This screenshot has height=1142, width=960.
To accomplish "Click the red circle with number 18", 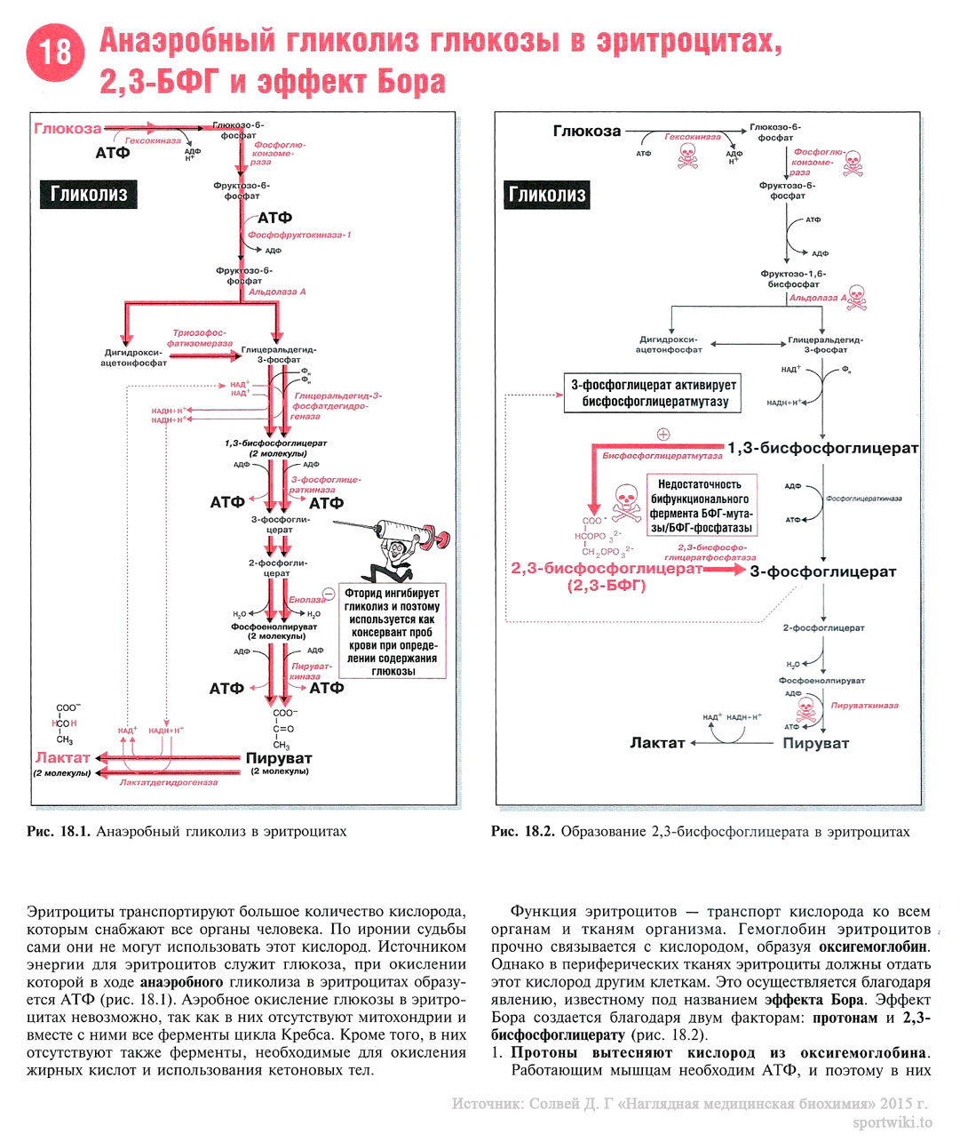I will tap(56, 53).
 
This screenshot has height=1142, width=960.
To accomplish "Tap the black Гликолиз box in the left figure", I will tap(89, 194).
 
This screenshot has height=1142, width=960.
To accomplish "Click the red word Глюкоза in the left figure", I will tap(67, 129).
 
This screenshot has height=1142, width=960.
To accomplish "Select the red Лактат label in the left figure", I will tap(62, 758).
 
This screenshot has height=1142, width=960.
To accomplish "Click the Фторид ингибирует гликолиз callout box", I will tap(392, 632).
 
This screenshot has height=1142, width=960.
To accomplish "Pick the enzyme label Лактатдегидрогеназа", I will tap(169, 783).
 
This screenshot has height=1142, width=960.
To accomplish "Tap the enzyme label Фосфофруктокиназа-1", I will tap(299, 236).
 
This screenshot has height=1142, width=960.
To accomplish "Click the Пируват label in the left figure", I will tap(279, 758).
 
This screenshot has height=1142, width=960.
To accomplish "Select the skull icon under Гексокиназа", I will tap(687, 156).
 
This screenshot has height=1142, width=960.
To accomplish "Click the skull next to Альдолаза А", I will tap(854, 297).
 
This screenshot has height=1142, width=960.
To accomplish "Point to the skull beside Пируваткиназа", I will tap(805, 708).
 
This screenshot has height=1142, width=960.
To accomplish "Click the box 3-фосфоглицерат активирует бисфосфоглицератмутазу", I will tap(654, 393).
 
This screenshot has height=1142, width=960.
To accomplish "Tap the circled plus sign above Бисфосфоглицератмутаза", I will tap(662, 435).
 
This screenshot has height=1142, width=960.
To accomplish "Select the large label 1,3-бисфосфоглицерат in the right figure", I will tap(822, 448).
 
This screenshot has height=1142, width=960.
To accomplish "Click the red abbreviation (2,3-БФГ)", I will tap(606, 586).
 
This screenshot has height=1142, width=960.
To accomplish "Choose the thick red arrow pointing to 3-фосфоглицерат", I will tap(724, 569).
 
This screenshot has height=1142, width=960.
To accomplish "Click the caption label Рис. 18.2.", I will tap(522, 832).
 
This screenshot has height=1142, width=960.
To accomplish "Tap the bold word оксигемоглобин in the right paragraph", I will tap(874, 946).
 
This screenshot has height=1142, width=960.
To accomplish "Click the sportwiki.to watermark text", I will tap(892, 1122).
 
